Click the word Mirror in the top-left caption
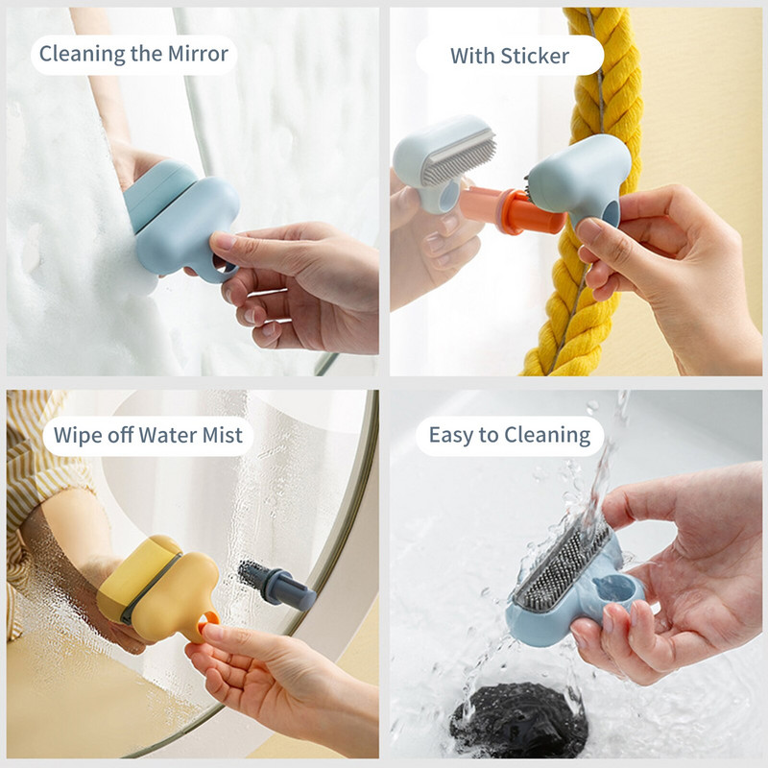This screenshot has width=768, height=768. (196, 54)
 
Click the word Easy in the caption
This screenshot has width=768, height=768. (449, 435)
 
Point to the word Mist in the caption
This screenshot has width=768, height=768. (225, 436)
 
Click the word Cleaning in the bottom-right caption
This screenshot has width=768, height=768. (544, 436)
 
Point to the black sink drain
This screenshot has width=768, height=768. (518, 720)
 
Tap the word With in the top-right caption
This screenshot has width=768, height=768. (471, 55)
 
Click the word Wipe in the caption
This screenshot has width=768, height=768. (76, 436)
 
